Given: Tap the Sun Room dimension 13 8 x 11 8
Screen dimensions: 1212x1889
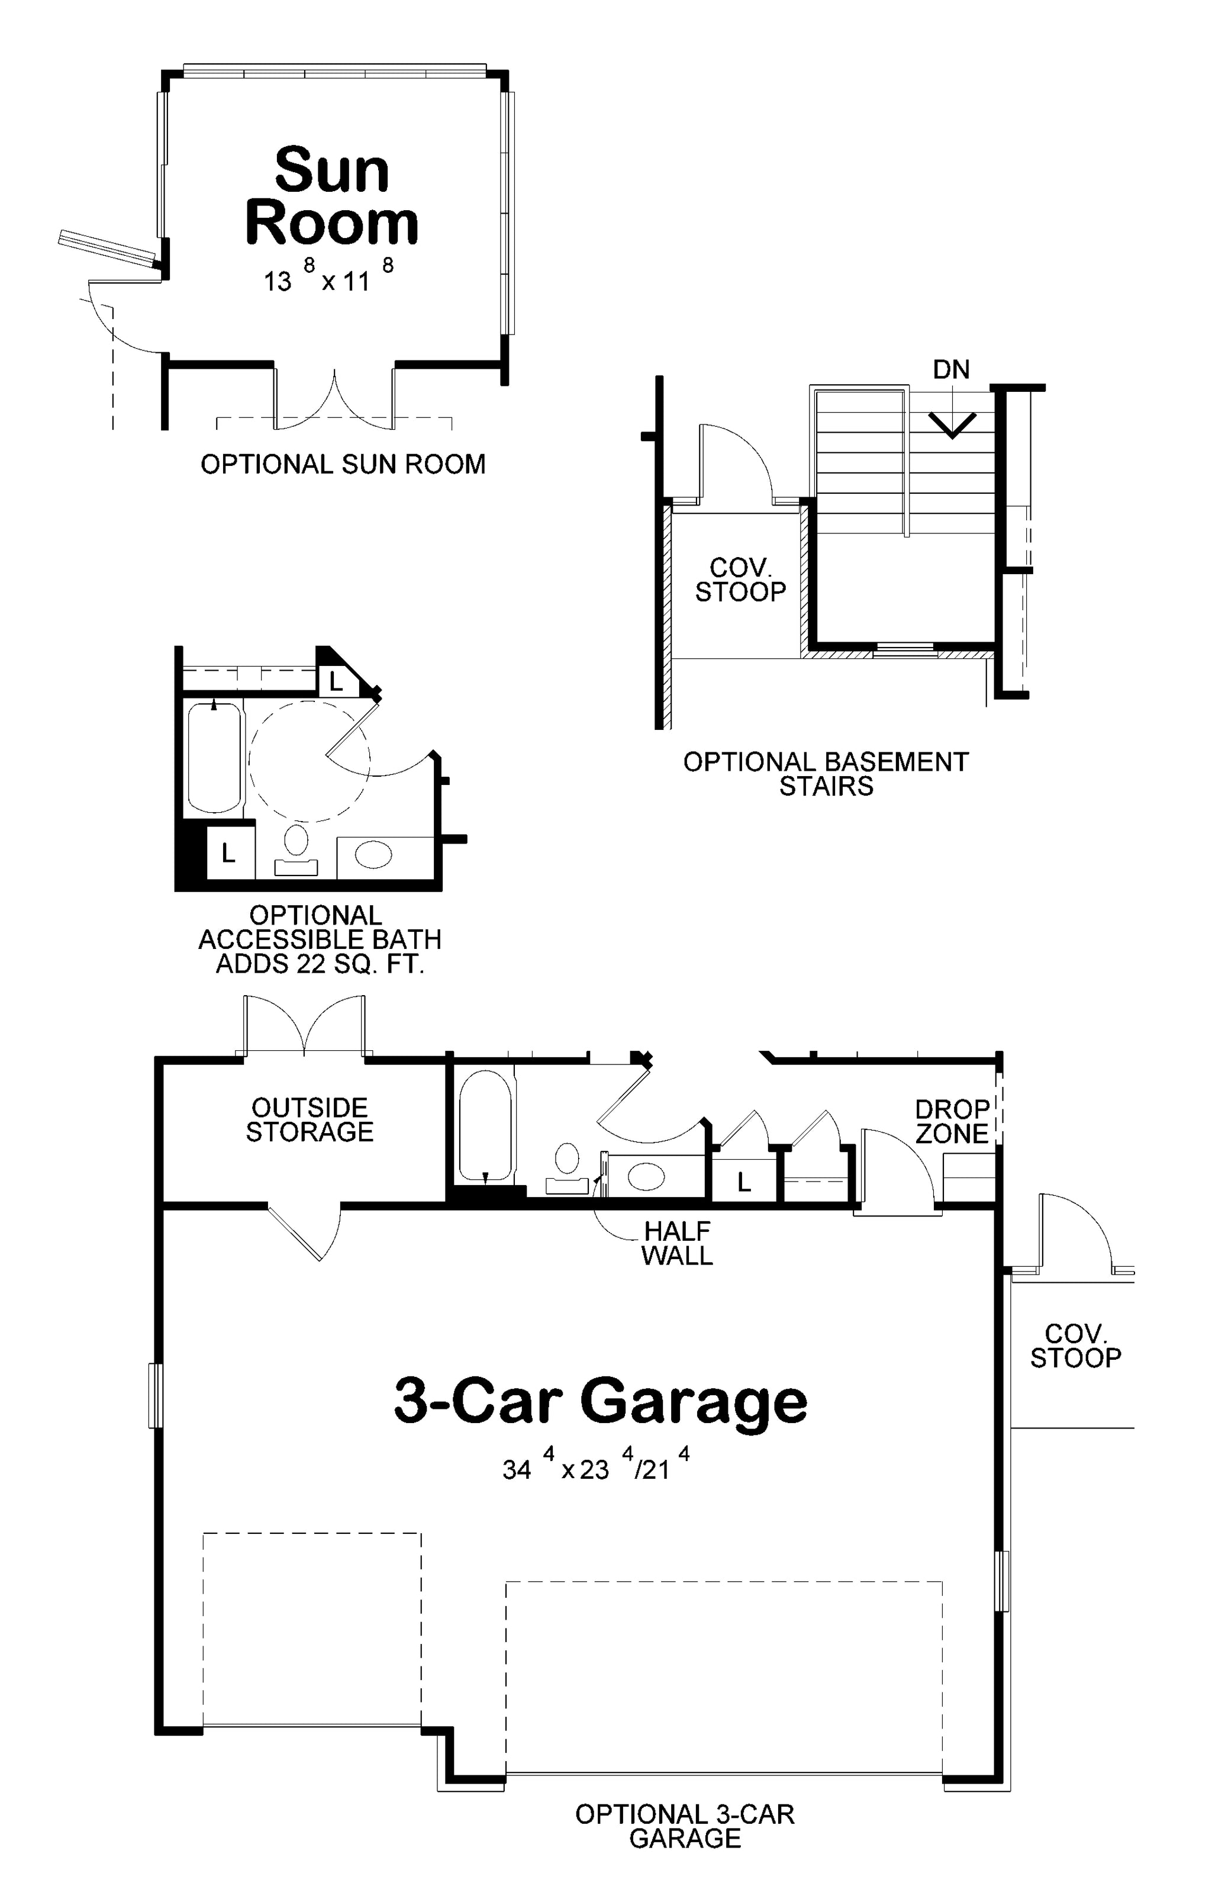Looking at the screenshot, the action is [x=328, y=276].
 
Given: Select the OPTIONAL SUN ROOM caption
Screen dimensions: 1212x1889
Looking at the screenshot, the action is [x=343, y=464].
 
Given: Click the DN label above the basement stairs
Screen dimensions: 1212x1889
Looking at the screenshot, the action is [x=952, y=369].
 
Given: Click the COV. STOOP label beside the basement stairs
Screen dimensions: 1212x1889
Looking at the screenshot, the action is [x=740, y=580].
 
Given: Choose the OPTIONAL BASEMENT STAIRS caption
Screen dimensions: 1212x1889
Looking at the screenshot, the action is [x=826, y=774].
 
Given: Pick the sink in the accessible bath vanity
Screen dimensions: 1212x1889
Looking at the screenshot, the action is [x=373, y=855].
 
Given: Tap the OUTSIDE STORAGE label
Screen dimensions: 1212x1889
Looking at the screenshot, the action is [x=310, y=1119].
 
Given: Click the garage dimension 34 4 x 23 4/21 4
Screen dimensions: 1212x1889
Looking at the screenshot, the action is [x=597, y=1466].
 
